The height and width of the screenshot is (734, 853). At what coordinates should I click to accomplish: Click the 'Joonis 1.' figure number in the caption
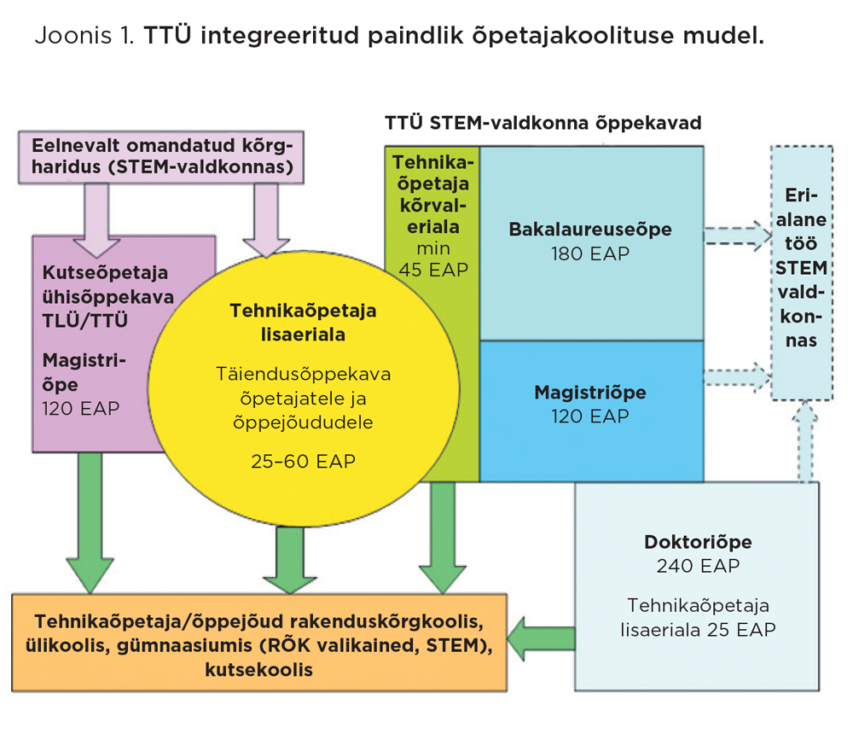(84, 37)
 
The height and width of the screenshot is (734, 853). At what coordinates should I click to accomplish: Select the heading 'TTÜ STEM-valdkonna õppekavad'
(543, 123)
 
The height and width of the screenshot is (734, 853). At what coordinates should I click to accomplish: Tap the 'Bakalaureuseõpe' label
(590, 230)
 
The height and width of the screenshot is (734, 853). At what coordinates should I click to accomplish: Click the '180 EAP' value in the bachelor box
(590, 253)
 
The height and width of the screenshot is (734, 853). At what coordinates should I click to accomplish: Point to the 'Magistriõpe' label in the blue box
(590, 393)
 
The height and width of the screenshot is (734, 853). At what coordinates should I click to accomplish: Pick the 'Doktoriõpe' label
(698, 542)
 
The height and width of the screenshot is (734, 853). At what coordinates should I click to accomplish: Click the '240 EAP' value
(698, 566)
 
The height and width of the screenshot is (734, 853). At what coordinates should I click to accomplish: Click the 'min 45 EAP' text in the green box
(432, 259)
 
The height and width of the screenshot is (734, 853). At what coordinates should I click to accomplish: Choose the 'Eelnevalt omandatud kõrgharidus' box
(162, 156)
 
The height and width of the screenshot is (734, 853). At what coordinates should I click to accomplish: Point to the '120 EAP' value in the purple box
(81, 408)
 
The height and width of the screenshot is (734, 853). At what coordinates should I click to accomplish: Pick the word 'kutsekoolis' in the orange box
(258, 670)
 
